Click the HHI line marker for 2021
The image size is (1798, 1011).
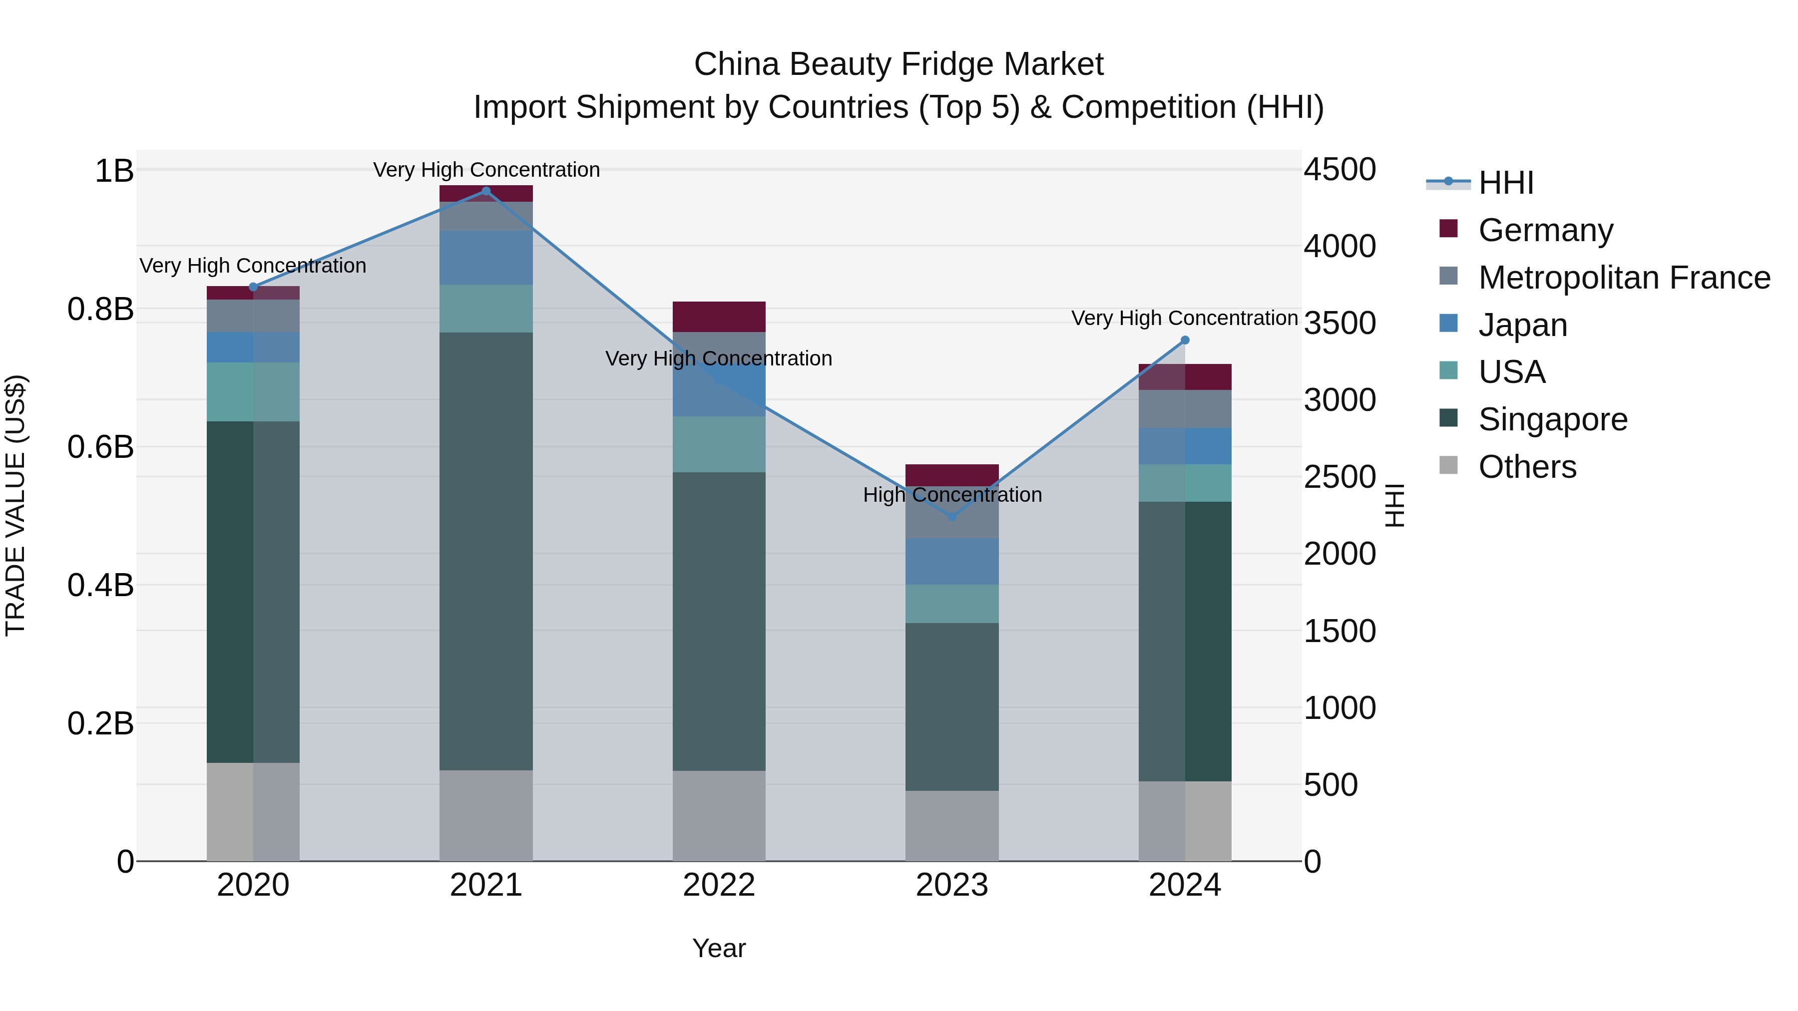486,191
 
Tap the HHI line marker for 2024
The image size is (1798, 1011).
1185,340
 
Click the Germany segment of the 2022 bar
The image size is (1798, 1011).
719,317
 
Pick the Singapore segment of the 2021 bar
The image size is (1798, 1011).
486,551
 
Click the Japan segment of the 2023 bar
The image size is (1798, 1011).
952,562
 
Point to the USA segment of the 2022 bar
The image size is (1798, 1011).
719,444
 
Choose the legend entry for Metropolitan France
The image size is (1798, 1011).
1624,278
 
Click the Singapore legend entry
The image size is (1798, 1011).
1552,419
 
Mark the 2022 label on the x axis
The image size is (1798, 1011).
719,885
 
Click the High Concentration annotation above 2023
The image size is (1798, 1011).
952,495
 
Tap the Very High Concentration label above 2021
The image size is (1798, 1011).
486,170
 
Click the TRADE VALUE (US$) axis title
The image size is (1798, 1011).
15,505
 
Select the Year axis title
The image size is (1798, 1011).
719,948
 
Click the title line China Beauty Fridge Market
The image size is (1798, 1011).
899,64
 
